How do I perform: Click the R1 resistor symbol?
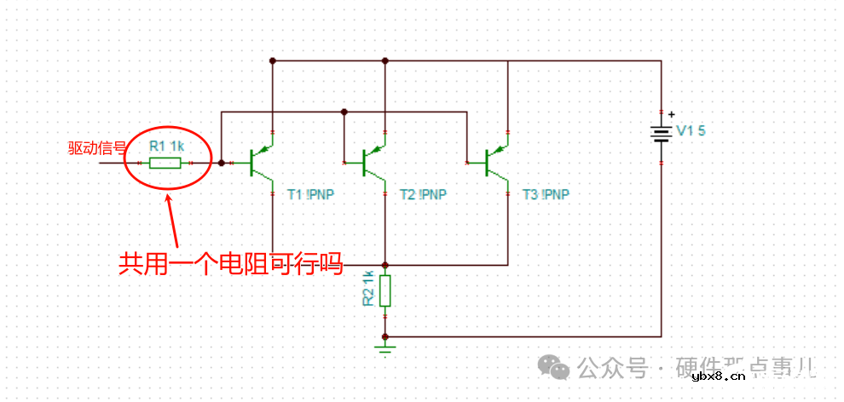165,162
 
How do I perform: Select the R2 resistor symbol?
385,290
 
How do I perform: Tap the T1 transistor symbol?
259,162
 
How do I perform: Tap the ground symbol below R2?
385,345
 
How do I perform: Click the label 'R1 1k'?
166,146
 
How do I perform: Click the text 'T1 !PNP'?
310,194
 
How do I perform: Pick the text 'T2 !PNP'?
423,194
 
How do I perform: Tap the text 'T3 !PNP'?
546,194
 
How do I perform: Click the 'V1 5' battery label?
691,130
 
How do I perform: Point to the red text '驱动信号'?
97,147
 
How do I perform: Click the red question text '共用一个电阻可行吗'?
230,263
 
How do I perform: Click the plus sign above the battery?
671,114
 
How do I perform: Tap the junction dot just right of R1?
221,162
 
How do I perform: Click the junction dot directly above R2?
385,265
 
